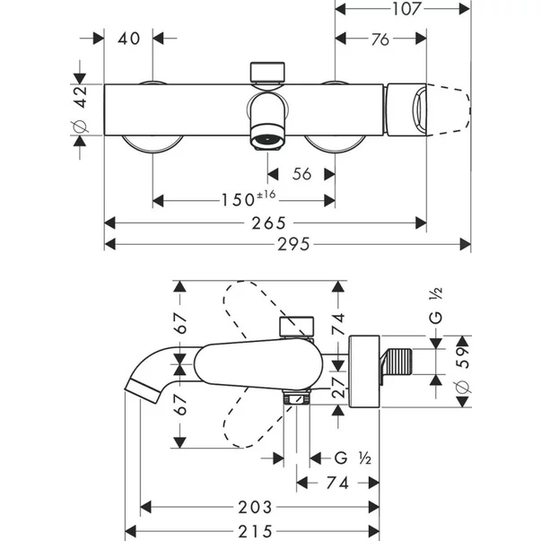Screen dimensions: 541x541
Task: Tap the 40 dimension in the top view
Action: (x=129, y=39)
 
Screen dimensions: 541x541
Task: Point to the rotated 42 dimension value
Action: (x=79, y=96)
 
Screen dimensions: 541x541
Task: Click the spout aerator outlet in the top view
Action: (x=266, y=140)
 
